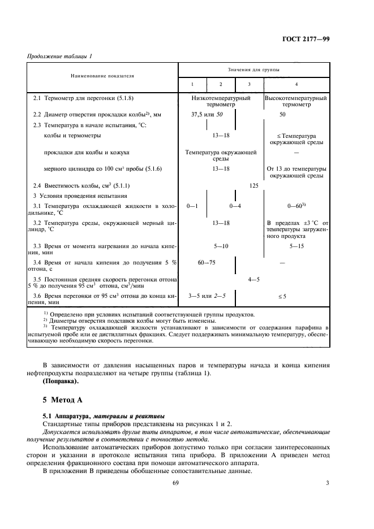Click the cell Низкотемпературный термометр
[x=221, y=101]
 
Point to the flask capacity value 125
[x=253, y=186]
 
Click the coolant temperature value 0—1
[x=192, y=206]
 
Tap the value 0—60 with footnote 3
[x=296, y=206]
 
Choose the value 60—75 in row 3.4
[x=207, y=263]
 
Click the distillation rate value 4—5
[x=253, y=279]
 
